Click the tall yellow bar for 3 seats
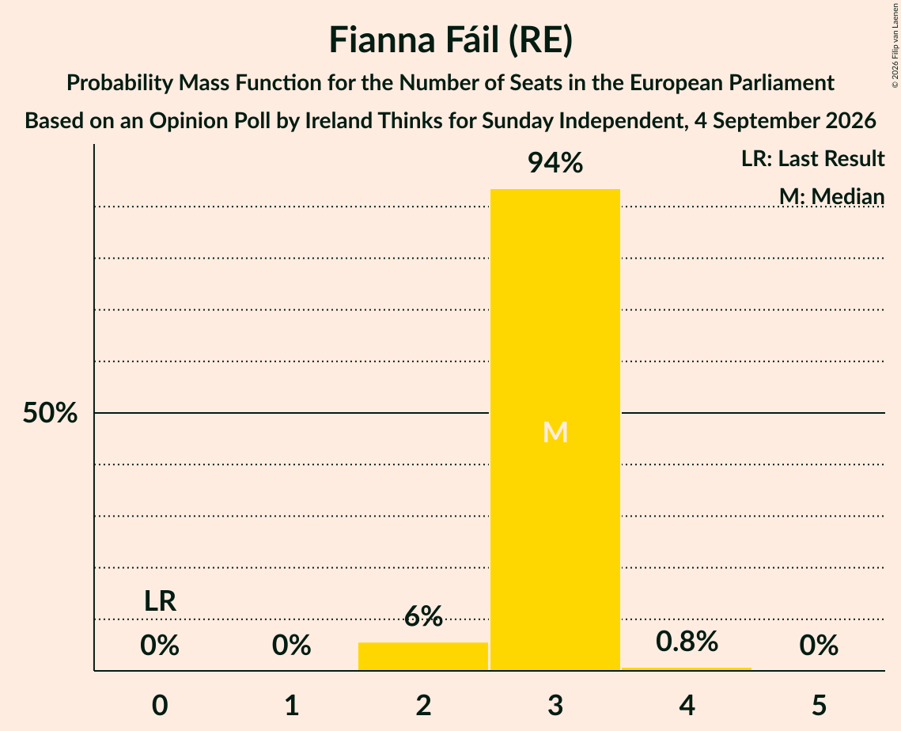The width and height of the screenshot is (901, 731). click(x=555, y=430)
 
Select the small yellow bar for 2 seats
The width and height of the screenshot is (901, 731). click(x=423, y=657)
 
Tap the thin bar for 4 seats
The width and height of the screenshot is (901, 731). click(x=687, y=669)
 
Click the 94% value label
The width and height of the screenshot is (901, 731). click(x=555, y=163)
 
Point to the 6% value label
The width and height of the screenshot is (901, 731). click(x=423, y=616)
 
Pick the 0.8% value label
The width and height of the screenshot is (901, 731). click(x=687, y=642)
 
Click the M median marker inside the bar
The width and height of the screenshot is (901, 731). click(x=555, y=432)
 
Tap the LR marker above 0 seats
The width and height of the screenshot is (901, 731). click(x=160, y=601)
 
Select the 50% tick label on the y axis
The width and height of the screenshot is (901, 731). click(x=50, y=413)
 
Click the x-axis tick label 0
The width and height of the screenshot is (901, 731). click(x=160, y=705)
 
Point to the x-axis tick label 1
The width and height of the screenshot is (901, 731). click(x=292, y=705)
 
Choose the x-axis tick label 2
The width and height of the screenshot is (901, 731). click(x=423, y=705)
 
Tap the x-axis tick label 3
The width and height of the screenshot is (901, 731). click(x=555, y=705)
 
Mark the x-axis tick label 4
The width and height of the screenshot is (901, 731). click(x=687, y=705)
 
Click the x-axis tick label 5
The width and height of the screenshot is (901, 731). click(x=819, y=705)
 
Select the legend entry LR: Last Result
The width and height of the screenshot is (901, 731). click(x=812, y=158)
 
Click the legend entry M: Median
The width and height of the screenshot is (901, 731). click(x=831, y=196)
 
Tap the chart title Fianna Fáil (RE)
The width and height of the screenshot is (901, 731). click(x=451, y=40)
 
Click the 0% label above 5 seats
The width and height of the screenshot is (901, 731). click(x=819, y=646)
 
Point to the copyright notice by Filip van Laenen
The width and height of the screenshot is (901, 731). click(x=895, y=45)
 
